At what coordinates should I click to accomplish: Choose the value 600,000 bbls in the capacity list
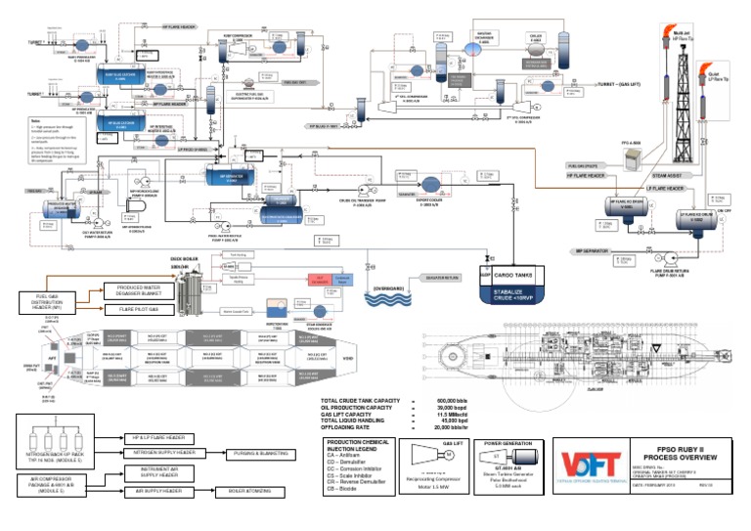click(x=475, y=402)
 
